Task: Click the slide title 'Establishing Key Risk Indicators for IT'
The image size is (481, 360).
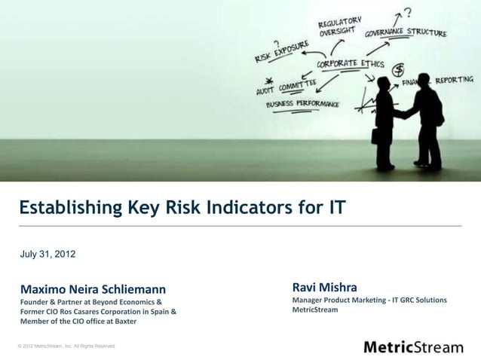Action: (x=182, y=206)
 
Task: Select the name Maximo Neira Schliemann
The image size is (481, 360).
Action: (x=92, y=288)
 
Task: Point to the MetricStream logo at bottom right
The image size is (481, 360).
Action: (x=413, y=346)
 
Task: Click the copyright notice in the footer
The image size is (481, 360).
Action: (x=66, y=346)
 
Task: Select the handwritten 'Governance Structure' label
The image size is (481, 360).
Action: (x=406, y=34)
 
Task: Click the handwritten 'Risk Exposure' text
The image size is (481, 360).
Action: (x=280, y=51)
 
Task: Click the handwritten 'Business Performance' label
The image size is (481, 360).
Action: (x=302, y=104)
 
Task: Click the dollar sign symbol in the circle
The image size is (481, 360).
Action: (x=397, y=69)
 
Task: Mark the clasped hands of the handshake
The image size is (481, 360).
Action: (x=406, y=114)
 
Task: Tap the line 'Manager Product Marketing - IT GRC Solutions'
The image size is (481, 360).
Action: (x=369, y=301)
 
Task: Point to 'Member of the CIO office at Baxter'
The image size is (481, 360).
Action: (x=78, y=322)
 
